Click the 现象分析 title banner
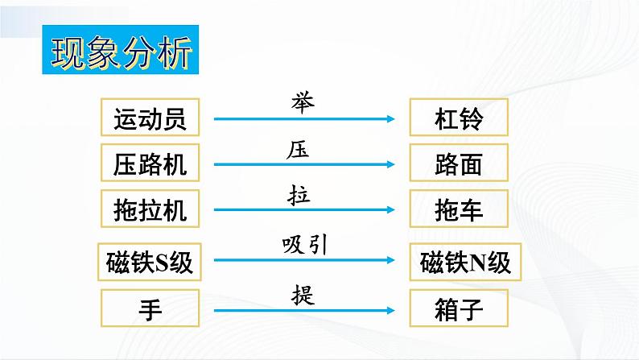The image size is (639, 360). (120, 50)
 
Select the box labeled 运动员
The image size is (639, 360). (150, 117)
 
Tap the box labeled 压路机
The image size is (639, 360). (150, 163)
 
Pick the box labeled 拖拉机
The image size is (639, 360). (150, 209)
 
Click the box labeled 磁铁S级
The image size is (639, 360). (150, 263)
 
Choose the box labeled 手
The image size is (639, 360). (150, 308)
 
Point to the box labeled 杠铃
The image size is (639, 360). (459, 117)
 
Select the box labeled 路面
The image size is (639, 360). (459, 163)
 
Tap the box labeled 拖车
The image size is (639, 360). (459, 209)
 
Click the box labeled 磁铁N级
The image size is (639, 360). (465, 263)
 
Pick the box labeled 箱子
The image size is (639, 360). (459, 308)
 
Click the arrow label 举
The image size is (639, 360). (303, 102)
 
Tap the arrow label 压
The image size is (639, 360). (298, 150)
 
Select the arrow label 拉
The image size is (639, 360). (299, 195)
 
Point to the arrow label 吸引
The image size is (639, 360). (305, 246)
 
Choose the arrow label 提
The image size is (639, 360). (303, 296)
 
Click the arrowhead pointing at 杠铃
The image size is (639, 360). (390, 119)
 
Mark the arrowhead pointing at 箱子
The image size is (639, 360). (390, 311)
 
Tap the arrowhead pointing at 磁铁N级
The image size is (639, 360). (390, 260)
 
